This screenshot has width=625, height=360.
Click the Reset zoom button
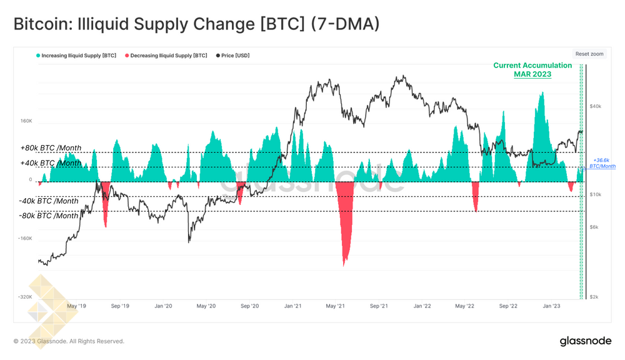click(x=589, y=54)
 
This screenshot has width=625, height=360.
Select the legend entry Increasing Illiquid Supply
click(x=77, y=56)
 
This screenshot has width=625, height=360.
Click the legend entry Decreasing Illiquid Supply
click(x=166, y=56)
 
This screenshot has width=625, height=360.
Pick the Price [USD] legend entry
click(x=233, y=56)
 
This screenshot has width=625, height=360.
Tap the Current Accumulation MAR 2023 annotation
click(x=532, y=69)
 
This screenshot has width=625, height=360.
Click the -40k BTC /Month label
click(x=49, y=201)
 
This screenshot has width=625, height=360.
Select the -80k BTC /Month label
click(x=49, y=216)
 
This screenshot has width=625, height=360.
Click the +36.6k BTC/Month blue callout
click(x=602, y=163)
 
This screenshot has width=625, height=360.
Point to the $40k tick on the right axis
click(x=596, y=106)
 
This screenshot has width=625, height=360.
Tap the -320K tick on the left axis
click(x=24, y=297)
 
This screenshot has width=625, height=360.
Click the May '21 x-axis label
click(x=336, y=306)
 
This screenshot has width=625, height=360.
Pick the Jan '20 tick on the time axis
click(x=163, y=306)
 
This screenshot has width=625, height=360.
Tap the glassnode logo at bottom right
click(x=585, y=341)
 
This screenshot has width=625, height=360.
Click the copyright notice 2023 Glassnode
click(x=69, y=341)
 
